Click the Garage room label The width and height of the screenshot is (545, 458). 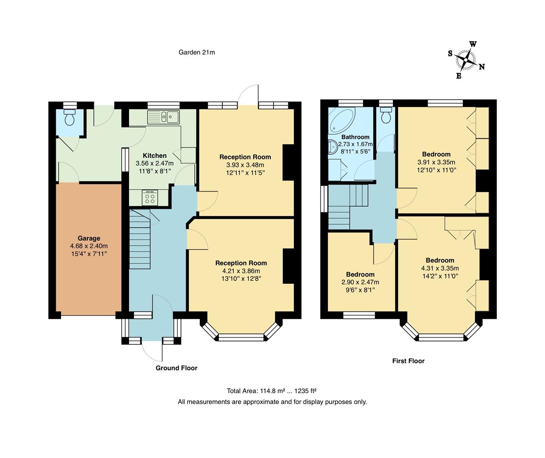pos(89,238)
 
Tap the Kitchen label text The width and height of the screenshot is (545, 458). pos(154,156)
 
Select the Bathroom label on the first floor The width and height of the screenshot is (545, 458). pos(355,137)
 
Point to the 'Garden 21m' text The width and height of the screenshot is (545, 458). pos(197,53)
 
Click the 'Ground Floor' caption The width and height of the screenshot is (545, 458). pos(176,368)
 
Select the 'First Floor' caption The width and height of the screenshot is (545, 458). pos(408,361)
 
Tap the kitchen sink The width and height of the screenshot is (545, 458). pos(164,117)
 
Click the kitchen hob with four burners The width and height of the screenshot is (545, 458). pos(150,198)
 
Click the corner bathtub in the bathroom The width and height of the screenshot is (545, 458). pos(341,119)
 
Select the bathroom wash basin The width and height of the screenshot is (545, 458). pos(332,147)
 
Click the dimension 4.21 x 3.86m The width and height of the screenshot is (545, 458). pos(241,271)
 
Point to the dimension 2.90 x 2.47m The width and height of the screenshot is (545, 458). pos(360,282)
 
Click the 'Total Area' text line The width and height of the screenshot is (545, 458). pos(272,391)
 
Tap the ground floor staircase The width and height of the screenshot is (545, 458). pos(140,240)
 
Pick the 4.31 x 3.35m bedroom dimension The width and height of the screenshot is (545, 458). pos(440,268)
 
